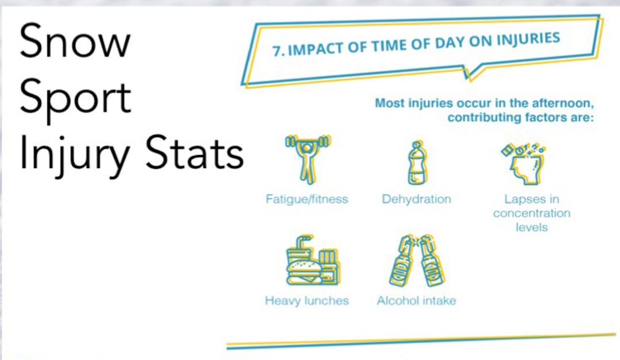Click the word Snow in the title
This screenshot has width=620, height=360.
click(x=75, y=41)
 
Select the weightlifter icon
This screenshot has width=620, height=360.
click(x=308, y=160)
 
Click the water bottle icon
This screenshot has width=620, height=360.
click(x=417, y=162)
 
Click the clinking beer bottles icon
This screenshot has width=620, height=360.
click(x=417, y=260)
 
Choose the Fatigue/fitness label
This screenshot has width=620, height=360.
click(x=307, y=199)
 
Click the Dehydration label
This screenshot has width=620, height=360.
click(x=416, y=199)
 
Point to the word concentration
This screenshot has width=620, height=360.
click(x=532, y=213)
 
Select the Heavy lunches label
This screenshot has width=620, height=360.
click(x=307, y=301)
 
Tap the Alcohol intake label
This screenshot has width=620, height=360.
click(x=416, y=301)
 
